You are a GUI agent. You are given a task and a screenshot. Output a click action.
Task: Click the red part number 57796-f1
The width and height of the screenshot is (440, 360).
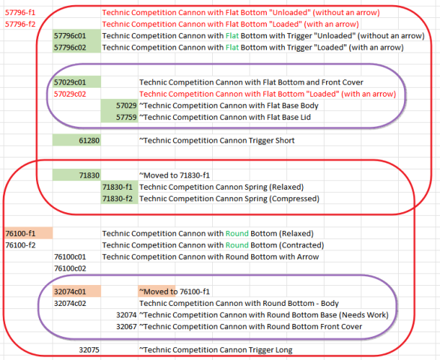pos(20,13)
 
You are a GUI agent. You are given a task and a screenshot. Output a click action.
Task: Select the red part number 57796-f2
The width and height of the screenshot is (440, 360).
pos(20,25)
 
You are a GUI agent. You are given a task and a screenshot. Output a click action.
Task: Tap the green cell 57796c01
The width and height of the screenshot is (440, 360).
pos(76,36)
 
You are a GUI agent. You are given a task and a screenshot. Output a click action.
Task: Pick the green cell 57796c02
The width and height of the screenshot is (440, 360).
pos(76,47)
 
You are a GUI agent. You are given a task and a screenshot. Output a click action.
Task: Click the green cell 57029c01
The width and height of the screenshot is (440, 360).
pos(76,82)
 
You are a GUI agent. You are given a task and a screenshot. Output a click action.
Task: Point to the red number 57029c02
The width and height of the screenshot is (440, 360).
pos(70,94)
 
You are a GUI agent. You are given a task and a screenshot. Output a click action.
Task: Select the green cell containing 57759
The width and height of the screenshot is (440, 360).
pos(119,117)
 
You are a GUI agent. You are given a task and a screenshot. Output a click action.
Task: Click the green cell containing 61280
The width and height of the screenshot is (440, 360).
pos(76,140)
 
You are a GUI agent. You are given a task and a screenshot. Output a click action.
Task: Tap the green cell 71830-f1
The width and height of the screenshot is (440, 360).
pos(119,187)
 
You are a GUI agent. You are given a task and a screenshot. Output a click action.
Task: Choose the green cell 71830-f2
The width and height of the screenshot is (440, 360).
pos(119,199)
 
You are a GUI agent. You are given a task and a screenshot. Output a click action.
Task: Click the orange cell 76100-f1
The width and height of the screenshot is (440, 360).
pos(28,233)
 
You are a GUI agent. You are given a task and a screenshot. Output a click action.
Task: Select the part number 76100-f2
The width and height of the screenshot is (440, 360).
pos(20,245)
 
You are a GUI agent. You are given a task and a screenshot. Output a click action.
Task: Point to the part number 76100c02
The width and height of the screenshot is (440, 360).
pos(70,268)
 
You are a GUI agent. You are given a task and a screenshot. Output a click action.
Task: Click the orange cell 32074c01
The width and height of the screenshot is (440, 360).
pos(76,292)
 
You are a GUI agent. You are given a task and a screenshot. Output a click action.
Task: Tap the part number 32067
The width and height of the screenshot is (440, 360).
pos(126,326)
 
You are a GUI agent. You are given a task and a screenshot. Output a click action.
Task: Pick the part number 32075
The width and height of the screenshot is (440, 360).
pos(89,350)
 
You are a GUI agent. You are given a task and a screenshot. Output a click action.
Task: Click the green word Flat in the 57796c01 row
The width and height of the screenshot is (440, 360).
pos(232,36)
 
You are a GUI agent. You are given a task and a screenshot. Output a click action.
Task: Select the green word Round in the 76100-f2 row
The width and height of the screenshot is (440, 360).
pos(237,245)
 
